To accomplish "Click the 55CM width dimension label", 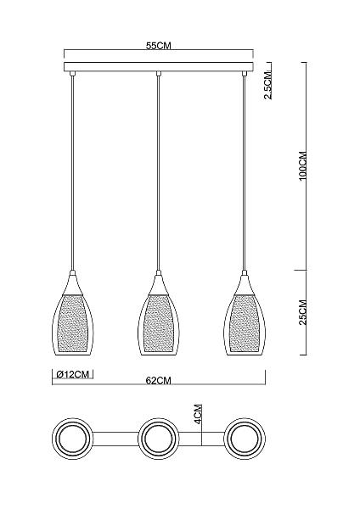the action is (158, 46).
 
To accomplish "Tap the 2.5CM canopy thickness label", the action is (268, 85).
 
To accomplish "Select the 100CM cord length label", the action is (303, 166).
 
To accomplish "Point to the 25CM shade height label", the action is (303, 312).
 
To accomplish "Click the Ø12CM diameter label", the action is (73, 374).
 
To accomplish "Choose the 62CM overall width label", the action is (158, 380).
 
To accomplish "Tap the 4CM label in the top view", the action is (198, 415).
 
